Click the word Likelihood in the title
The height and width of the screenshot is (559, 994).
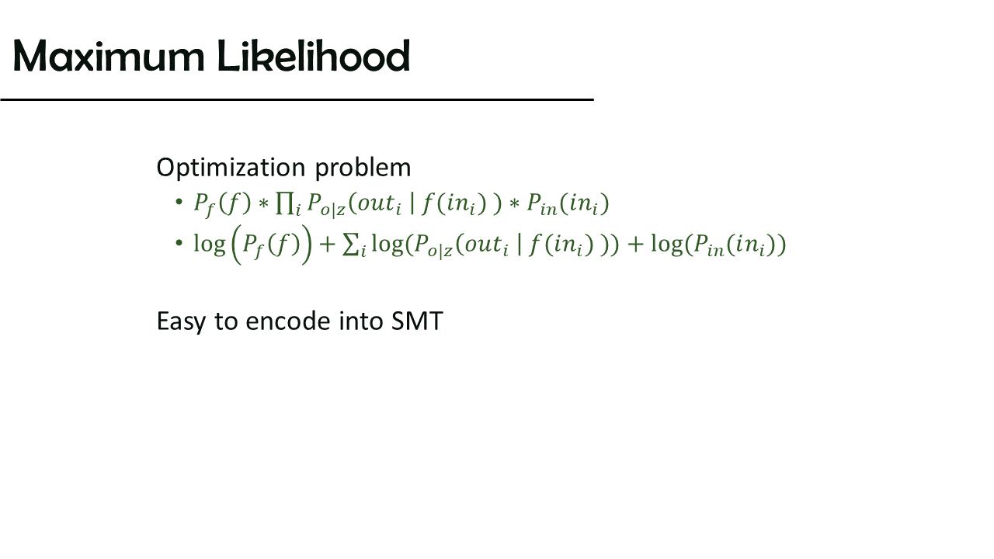point(314,56)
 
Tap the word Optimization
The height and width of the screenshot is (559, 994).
point(231,168)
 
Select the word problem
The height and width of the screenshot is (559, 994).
point(363,168)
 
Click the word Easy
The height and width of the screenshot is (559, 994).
point(181,321)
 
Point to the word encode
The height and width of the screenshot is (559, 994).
point(288,321)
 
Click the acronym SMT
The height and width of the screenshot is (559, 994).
point(417,321)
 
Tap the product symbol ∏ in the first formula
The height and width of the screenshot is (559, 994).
point(284,203)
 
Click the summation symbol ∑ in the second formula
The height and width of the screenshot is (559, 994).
point(350,245)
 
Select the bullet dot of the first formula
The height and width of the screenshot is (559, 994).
point(179,203)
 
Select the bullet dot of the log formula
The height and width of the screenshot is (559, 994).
point(179,243)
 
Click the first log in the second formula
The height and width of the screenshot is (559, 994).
point(210,245)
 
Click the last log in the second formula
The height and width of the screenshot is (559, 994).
point(667,245)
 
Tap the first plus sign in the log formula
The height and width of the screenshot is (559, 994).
point(327,245)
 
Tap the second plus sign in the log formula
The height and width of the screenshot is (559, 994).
point(635,245)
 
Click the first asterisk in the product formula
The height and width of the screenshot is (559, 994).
point(263,203)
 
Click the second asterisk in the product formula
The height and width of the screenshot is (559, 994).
point(514,203)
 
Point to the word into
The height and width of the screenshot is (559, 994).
point(361,321)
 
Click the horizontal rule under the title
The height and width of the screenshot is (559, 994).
point(297,100)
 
